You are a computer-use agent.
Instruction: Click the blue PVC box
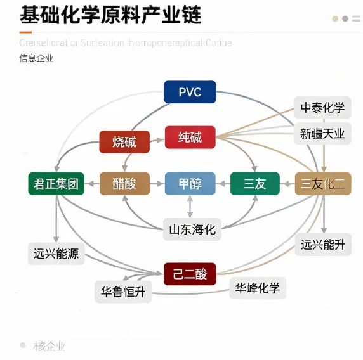(190, 93)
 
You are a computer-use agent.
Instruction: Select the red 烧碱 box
(124, 141)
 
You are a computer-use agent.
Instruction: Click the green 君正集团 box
(56, 184)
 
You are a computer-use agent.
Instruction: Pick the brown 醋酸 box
(124, 184)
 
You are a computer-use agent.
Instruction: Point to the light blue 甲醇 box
(190, 184)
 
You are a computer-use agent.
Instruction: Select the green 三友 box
(254, 184)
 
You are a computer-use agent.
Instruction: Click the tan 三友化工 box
(322, 184)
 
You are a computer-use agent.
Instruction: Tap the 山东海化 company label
(190, 229)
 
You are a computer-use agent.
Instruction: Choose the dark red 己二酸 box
(190, 274)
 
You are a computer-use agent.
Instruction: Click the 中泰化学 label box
(322, 108)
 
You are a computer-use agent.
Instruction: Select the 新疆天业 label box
(322, 133)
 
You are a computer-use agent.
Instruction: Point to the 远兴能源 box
(56, 254)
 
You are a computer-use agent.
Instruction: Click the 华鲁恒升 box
(123, 292)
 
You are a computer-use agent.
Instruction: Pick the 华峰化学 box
(257, 288)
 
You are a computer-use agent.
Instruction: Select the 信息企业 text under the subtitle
(37, 58)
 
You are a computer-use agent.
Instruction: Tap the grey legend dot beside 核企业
(23, 345)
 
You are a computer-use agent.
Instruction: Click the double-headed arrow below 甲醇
(190, 207)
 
